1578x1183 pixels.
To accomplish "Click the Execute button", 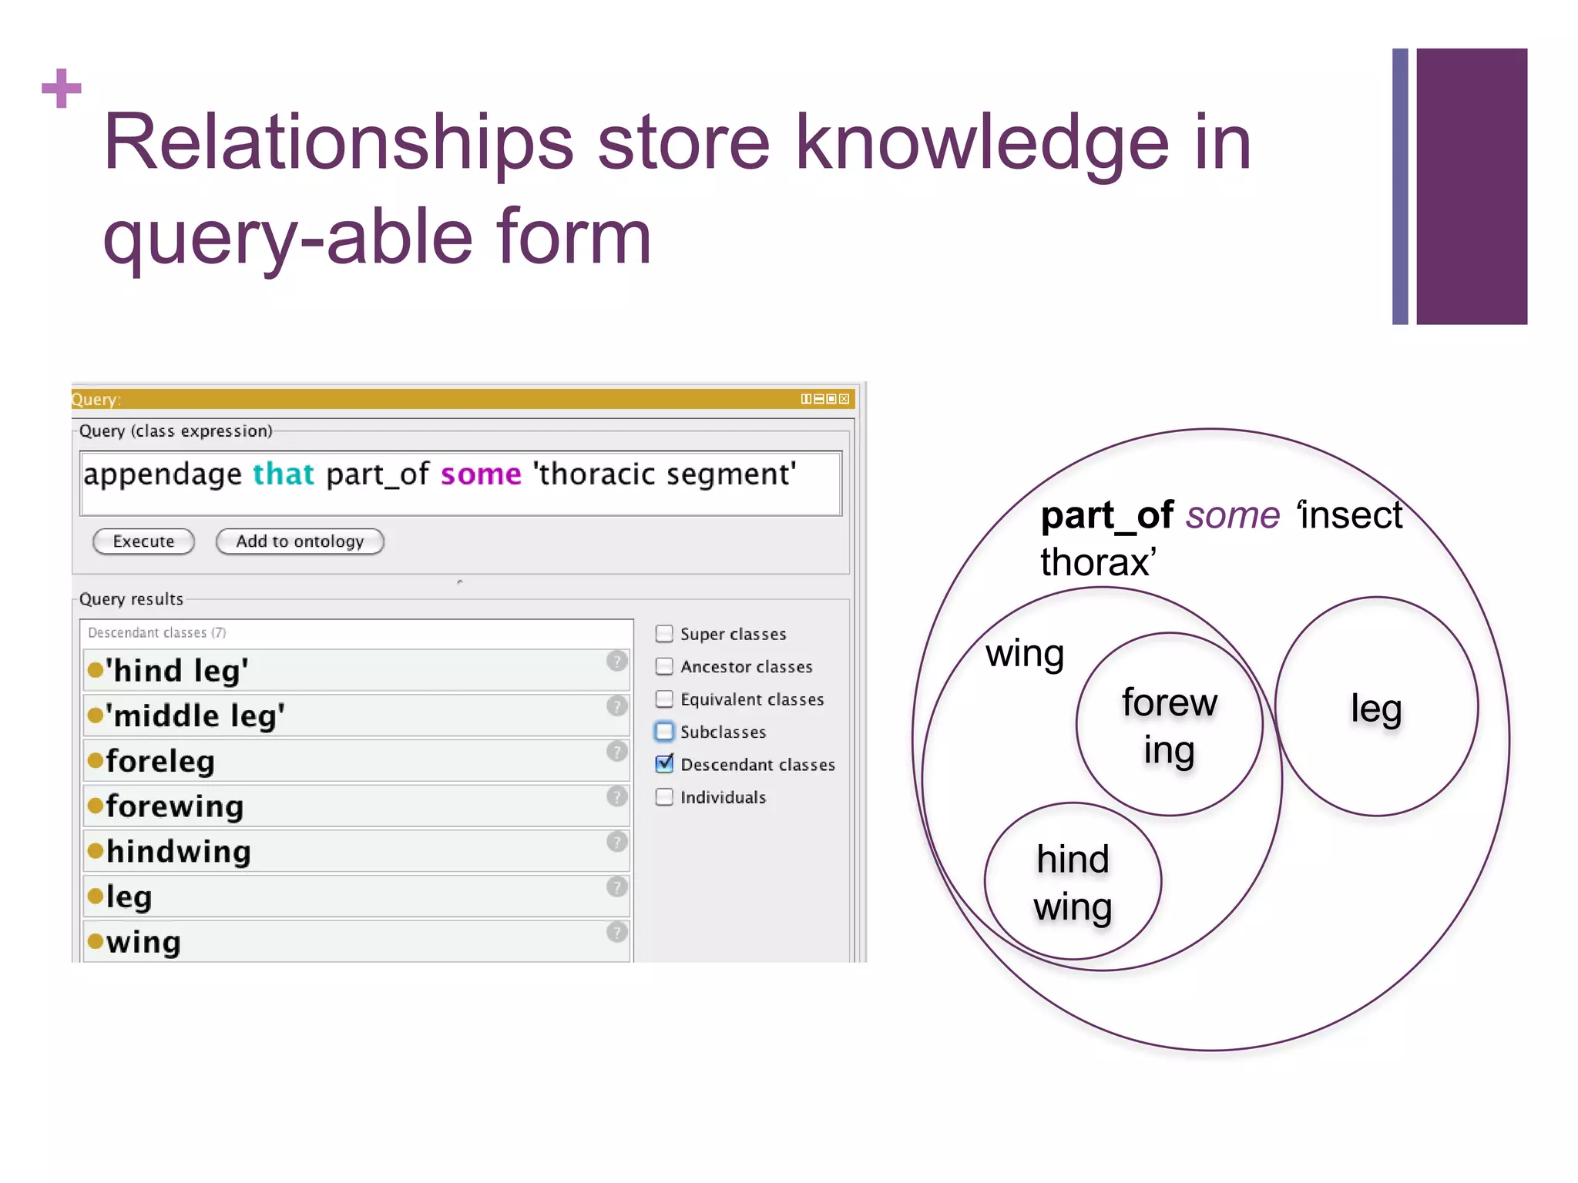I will [143, 541].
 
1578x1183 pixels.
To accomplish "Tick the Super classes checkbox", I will [664, 634].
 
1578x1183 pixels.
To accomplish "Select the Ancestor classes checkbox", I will [664, 666].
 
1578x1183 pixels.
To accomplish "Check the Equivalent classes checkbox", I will [664, 699].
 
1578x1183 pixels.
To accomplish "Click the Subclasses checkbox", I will [664, 731].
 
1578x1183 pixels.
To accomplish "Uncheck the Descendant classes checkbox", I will [664, 764].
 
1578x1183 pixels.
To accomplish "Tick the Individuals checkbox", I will [664, 796].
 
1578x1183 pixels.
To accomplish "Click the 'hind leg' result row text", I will [177, 671].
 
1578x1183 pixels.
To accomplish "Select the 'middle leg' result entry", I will [195, 716].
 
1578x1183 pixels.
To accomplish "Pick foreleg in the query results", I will [160, 762].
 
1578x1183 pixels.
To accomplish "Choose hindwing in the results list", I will [179, 852].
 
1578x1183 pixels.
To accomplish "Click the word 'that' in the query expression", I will [284, 474].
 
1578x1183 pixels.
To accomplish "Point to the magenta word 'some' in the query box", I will [481, 474].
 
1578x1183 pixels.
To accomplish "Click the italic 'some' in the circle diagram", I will [1233, 515].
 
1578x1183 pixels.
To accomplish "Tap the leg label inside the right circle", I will [1376, 709].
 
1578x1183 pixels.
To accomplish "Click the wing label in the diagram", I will [1025, 654].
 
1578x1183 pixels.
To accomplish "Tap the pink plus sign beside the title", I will [62, 89].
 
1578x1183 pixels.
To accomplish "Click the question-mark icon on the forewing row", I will [616, 796].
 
